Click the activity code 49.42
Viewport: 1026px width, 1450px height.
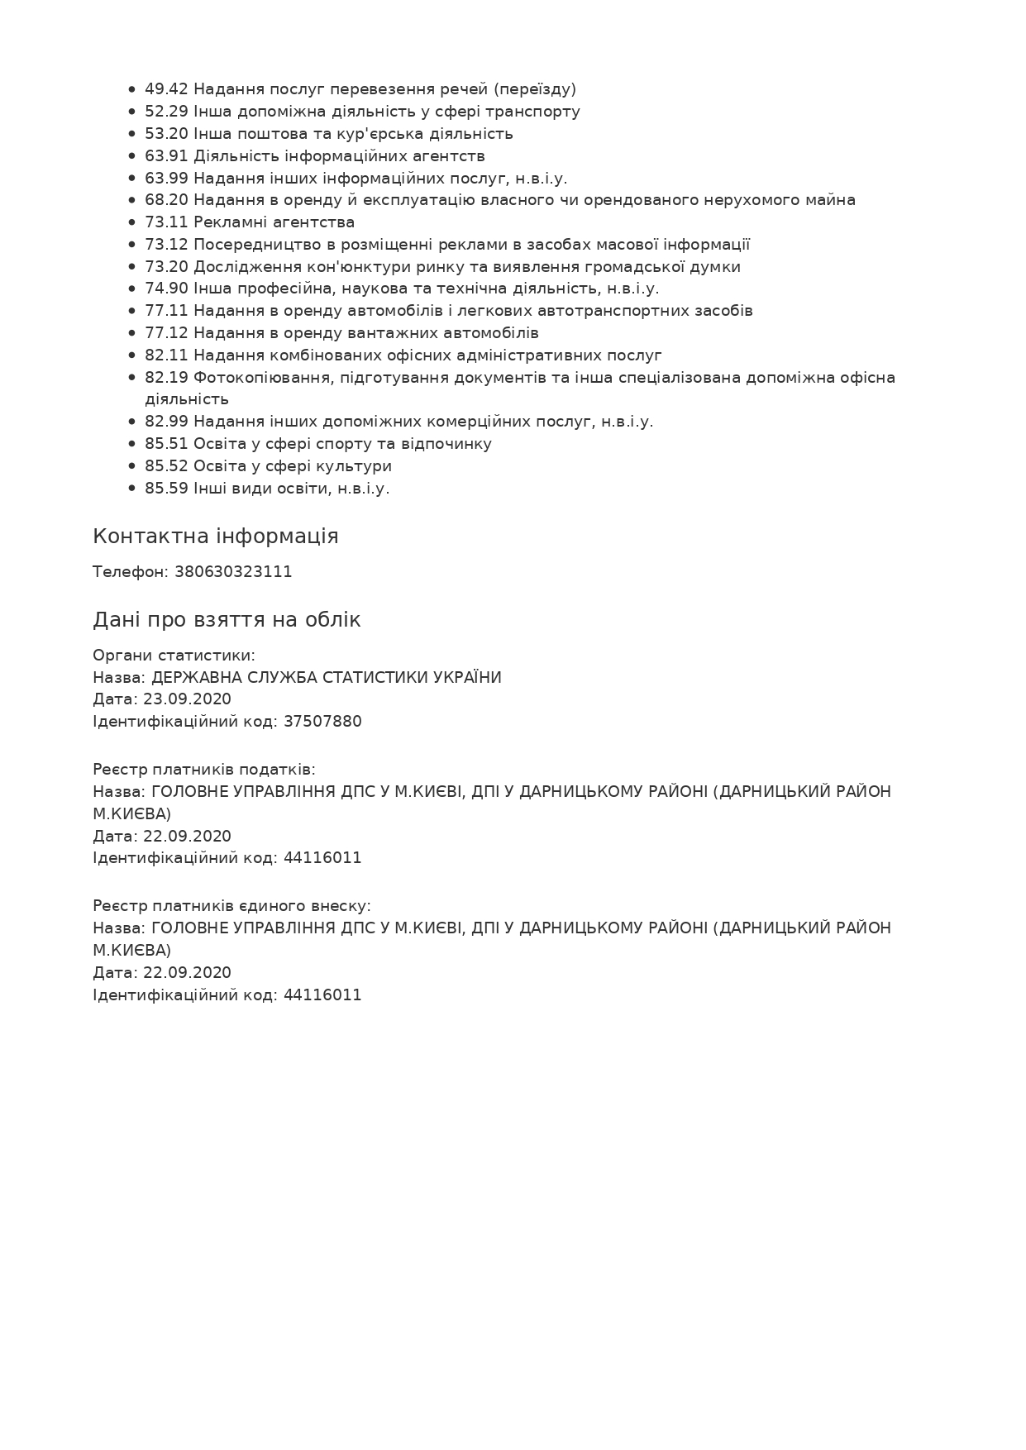(x=166, y=89)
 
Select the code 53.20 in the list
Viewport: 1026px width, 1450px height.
(x=166, y=134)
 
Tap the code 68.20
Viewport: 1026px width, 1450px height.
(x=166, y=200)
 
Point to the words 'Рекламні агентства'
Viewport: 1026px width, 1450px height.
(x=274, y=222)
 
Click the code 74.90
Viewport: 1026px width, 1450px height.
(x=166, y=289)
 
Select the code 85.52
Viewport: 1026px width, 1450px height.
(x=166, y=466)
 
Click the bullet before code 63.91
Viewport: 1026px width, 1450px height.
(x=132, y=156)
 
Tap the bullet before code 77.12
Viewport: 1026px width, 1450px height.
(x=132, y=333)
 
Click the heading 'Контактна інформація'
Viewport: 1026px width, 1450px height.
(x=215, y=537)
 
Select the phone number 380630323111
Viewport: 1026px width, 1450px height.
(x=233, y=572)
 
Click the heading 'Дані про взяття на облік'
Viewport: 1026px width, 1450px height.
(x=227, y=620)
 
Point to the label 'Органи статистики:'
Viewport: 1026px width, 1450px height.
(x=174, y=656)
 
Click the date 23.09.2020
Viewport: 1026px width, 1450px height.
(x=187, y=699)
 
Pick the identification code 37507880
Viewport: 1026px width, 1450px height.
(x=322, y=722)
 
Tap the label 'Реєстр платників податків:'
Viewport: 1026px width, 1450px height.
(x=204, y=770)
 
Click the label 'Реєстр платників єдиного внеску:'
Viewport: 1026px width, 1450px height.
(x=231, y=906)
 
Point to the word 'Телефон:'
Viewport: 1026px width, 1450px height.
(x=131, y=572)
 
